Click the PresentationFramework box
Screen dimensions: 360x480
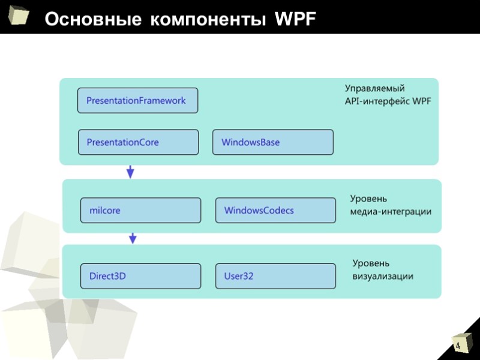pos(137,101)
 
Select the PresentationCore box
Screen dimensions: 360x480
pos(138,142)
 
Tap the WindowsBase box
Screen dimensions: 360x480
pos(273,142)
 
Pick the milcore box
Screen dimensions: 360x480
pos(140,210)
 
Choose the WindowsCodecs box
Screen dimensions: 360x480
pos(275,210)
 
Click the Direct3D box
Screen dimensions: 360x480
pos(140,276)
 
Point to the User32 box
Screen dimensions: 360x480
pos(275,276)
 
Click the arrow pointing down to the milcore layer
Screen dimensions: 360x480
pos(130,172)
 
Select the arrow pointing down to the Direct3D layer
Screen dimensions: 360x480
pos(133,238)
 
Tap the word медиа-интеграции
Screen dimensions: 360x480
pos(391,212)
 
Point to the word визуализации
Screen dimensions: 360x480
pos(383,276)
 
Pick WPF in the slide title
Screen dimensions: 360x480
pos(295,20)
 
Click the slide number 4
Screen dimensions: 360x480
pos(458,347)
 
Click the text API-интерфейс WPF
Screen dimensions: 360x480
pos(388,101)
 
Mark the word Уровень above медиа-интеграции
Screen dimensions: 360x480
pos(369,199)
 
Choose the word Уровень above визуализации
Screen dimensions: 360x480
pos(371,263)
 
